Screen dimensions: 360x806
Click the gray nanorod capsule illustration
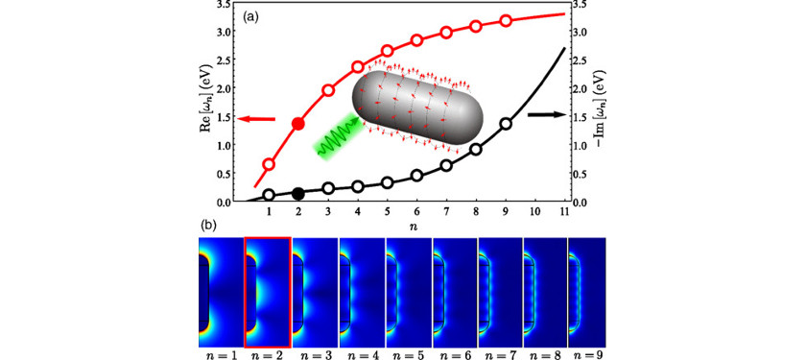click(x=421, y=111)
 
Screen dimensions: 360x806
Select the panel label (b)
click(x=209, y=228)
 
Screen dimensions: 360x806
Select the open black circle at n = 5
click(x=388, y=182)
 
